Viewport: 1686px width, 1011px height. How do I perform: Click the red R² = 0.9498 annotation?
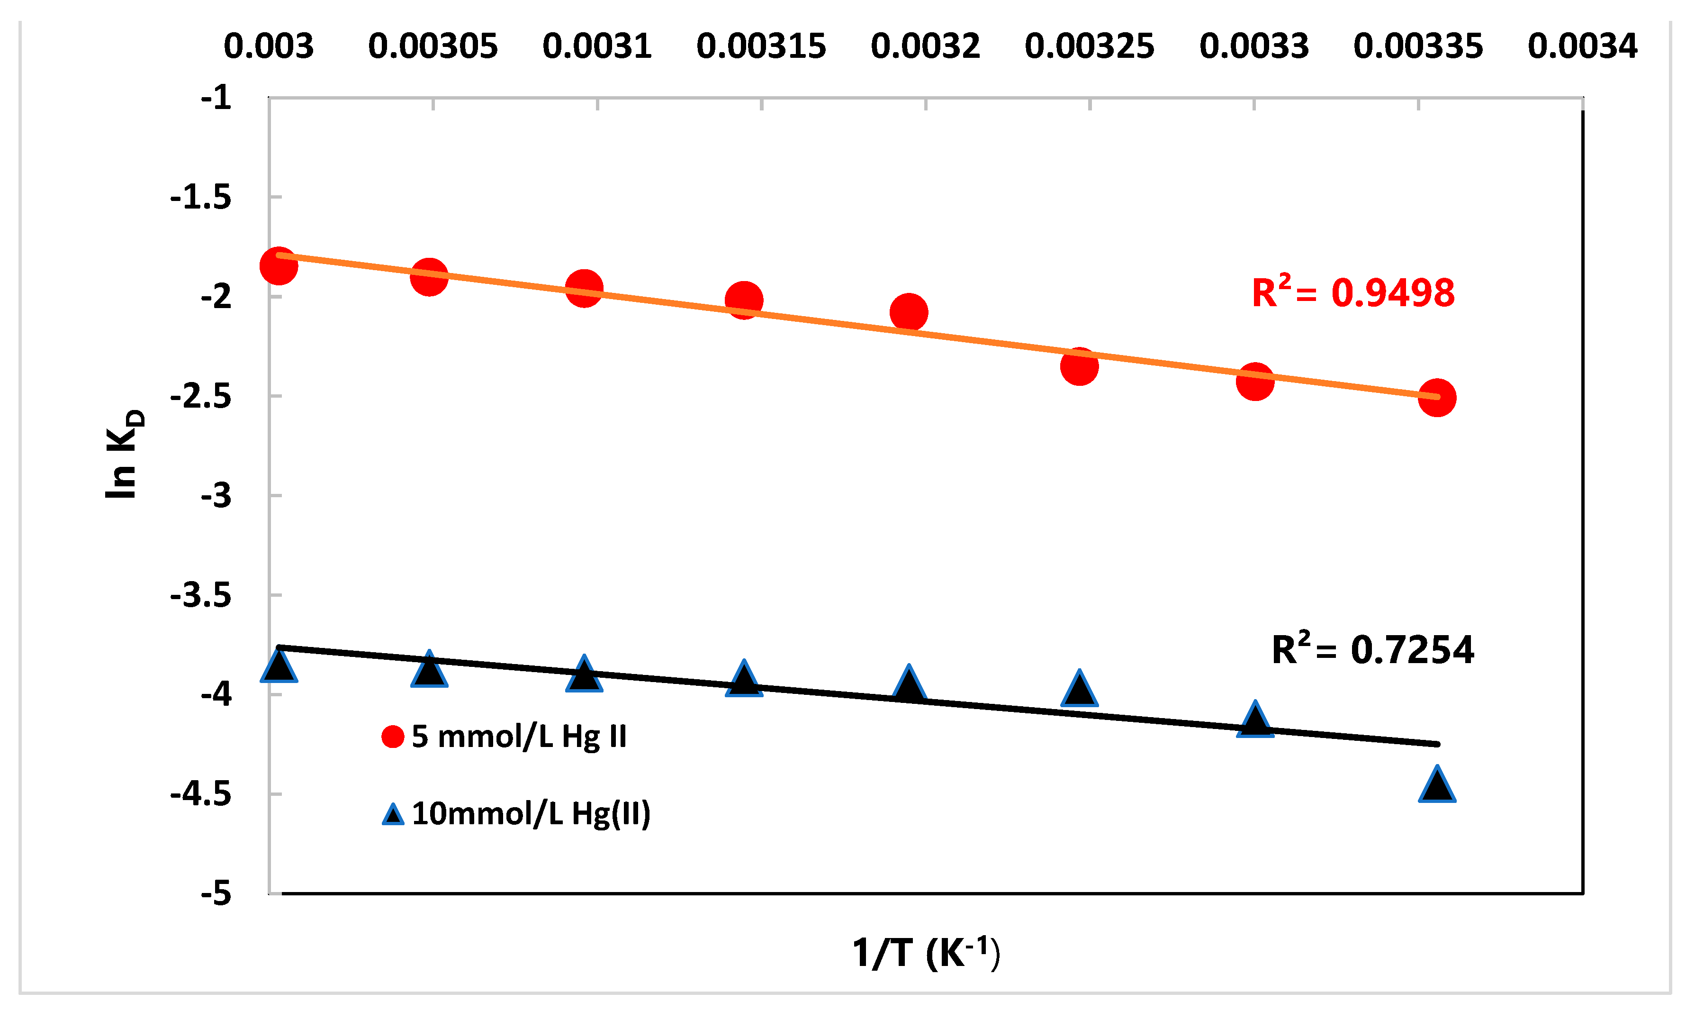point(1352,293)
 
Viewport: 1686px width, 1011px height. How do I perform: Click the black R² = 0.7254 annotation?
point(1372,650)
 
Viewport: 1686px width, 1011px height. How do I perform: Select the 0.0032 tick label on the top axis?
point(925,46)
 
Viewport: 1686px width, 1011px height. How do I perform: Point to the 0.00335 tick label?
point(1418,46)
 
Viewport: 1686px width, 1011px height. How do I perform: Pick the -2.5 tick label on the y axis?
point(201,397)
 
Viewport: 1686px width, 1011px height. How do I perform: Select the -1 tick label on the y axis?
point(216,99)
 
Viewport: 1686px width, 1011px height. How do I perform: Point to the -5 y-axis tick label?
point(216,893)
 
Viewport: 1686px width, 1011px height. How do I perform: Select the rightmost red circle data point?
point(1437,398)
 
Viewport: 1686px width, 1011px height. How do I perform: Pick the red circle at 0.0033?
point(1254,381)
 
